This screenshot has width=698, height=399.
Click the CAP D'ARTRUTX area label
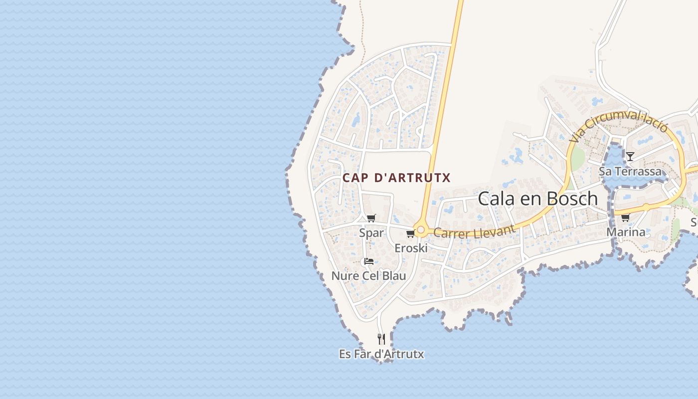(396, 178)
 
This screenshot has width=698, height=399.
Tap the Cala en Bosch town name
(537, 199)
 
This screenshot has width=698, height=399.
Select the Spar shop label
(371, 233)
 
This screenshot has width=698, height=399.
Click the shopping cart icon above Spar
(371, 218)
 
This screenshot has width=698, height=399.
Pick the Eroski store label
(411, 248)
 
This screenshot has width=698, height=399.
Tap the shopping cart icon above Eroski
(410, 233)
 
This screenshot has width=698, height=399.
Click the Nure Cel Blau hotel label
(368, 276)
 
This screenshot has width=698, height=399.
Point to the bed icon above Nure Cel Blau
(369, 261)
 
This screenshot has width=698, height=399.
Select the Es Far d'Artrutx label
(381, 354)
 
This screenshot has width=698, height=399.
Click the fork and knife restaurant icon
(381, 339)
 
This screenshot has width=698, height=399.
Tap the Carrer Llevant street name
(474, 232)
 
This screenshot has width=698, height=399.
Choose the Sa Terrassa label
(630, 172)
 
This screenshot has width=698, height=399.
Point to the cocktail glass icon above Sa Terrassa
(630, 157)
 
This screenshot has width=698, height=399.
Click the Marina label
(626, 232)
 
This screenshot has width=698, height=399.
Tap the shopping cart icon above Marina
(625, 217)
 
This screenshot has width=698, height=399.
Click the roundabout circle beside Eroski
(421, 230)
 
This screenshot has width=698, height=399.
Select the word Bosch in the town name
(571, 199)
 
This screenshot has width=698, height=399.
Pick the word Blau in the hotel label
(394, 276)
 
